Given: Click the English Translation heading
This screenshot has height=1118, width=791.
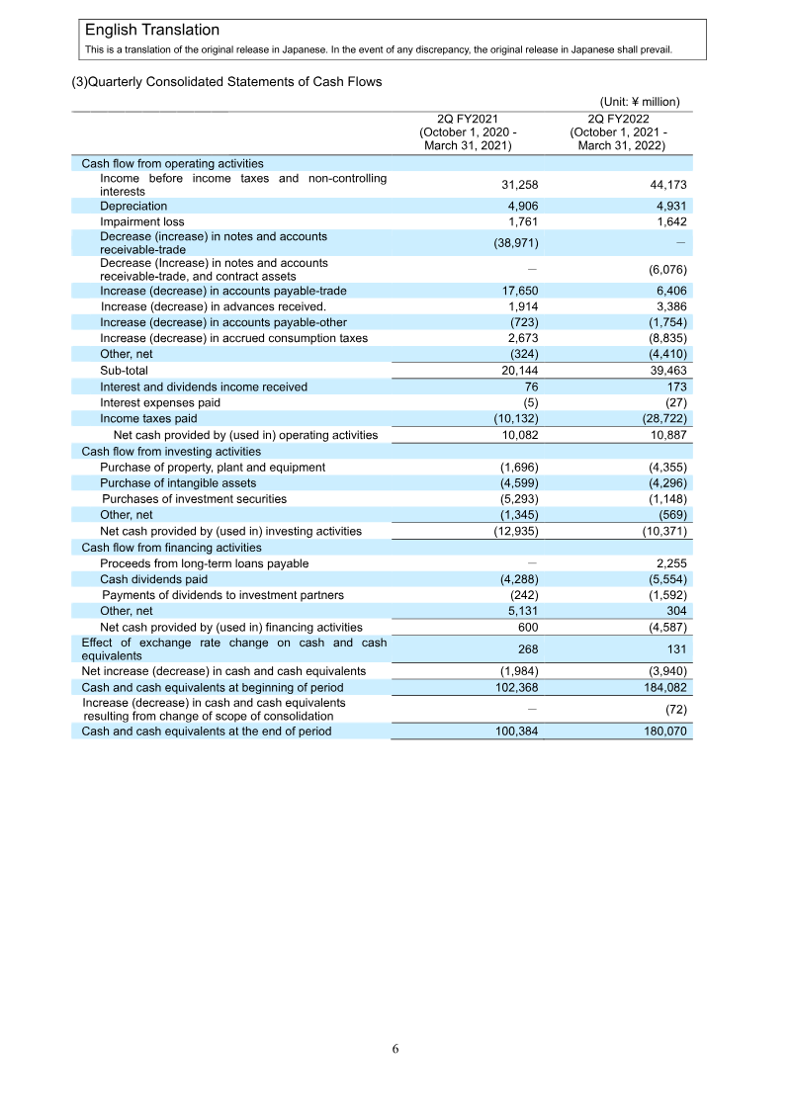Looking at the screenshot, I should tap(152, 31).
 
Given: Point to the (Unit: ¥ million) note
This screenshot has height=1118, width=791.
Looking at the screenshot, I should tap(640, 102).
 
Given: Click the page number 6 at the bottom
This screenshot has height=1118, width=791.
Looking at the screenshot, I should tap(395, 1049).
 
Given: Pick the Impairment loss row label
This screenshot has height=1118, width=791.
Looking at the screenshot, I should tap(141, 222).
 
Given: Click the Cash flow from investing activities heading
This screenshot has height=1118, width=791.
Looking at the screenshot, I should tap(171, 451).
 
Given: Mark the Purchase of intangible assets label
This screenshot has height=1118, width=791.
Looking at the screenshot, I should tap(178, 483).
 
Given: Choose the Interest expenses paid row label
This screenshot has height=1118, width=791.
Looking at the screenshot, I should tap(160, 403).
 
